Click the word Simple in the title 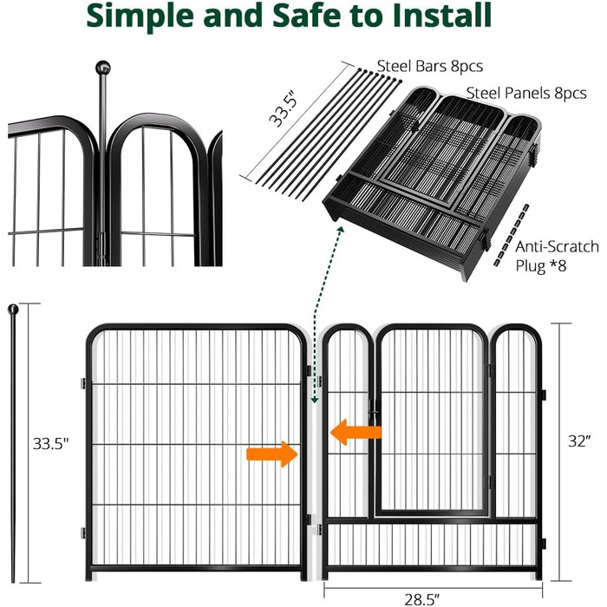click(x=140, y=16)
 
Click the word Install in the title click(x=442, y=15)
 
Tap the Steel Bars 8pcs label click(x=430, y=66)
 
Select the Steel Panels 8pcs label click(x=526, y=94)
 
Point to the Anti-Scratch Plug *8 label click(x=557, y=257)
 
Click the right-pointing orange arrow click(x=271, y=454)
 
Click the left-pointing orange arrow click(x=356, y=433)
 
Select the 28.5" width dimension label click(x=422, y=599)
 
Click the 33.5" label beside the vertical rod click(x=50, y=444)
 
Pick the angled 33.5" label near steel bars click(x=284, y=108)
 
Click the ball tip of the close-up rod click(x=103, y=68)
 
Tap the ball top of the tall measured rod click(x=13, y=310)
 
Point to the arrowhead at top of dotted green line click(x=341, y=230)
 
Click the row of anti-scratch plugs click(x=511, y=235)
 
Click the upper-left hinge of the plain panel click(x=83, y=383)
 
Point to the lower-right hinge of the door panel click(x=543, y=544)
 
